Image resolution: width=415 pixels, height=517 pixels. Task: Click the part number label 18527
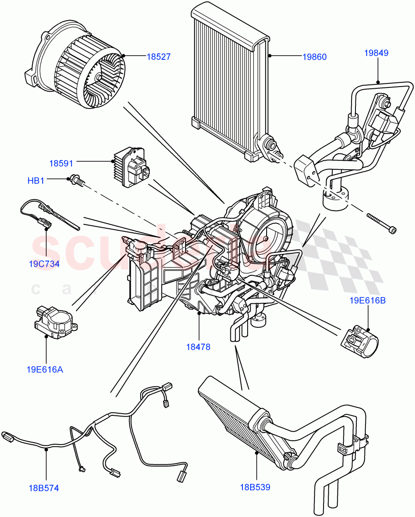pyautogui.click(x=158, y=56)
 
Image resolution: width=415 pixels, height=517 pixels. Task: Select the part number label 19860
pyautogui.click(x=314, y=56)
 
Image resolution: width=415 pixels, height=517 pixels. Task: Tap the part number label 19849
pyautogui.click(x=376, y=53)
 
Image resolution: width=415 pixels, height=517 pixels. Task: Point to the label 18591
pyautogui.click(x=61, y=163)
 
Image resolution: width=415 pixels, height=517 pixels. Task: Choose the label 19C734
pyautogui.click(x=44, y=264)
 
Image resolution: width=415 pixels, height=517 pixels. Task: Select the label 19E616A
pyautogui.click(x=44, y=369)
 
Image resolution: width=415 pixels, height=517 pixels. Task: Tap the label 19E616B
pyautogui.click(x=368, y=300)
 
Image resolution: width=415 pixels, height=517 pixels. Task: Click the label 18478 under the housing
pyautogui.click(x=198, y=347)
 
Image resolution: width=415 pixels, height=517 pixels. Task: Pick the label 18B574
pyautogui.click(x=44, y=488)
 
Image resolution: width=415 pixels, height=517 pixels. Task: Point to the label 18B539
pyautogui.click(x=255, y=487)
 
